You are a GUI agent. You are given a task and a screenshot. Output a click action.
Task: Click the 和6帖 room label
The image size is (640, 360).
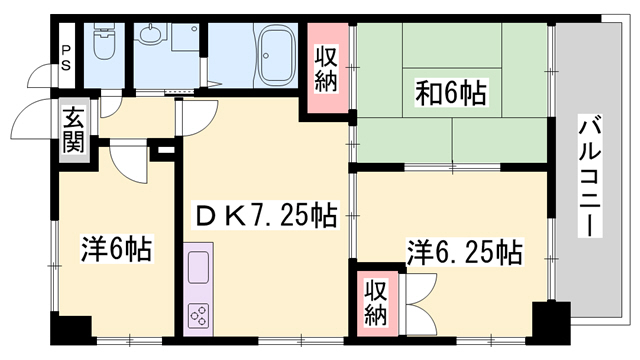(x=451, y=95)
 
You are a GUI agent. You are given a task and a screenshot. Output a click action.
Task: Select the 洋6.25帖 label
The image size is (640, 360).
(x=463, y=250)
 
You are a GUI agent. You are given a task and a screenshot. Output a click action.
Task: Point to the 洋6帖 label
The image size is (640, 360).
(x=116, y=250)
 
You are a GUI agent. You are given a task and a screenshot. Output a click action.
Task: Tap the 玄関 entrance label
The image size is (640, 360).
(x=73, y=129)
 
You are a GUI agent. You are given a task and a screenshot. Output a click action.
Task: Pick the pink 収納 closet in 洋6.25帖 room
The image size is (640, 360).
(x=375, y=303)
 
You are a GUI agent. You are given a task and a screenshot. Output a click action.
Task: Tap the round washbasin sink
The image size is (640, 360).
(x=152, y=37)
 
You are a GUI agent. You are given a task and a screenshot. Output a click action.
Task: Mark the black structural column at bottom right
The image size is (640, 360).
(x=548, y=322)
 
